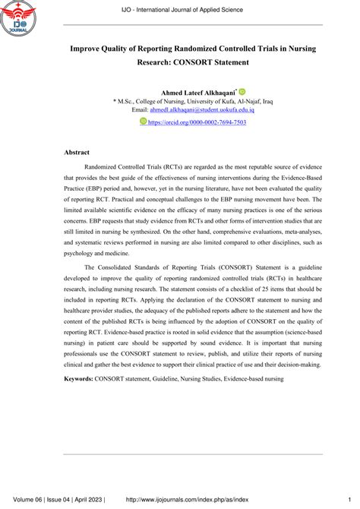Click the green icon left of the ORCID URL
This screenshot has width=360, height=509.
coord(144,121)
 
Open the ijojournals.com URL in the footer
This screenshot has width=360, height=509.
coord(197,498)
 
